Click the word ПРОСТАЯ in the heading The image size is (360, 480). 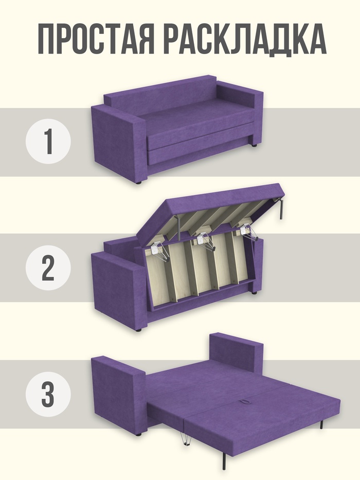[x=96, y=39]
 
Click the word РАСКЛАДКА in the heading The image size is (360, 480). [x=245, y=40]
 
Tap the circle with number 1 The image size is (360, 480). [x=48, y=141]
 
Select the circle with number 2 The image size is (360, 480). [x=48, y=268]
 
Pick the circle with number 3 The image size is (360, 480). [x=48, y=394]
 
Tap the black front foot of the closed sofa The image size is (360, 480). [x=138, y=183]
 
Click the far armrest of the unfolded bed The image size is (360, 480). [x=237, y=352]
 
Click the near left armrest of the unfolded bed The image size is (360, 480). [x=118, y=396]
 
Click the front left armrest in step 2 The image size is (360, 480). [x=119, y=291]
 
